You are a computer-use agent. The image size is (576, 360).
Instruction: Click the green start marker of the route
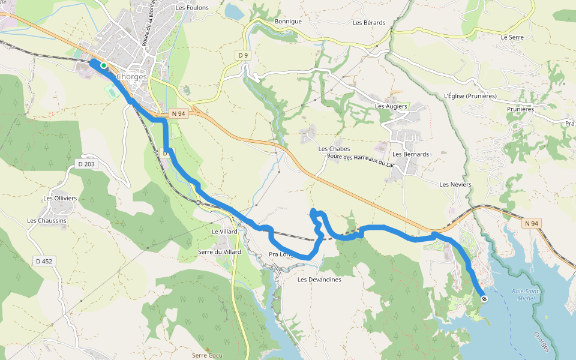(x=104, y=65)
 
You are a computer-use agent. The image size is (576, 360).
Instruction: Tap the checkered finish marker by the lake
(x=484, y=298)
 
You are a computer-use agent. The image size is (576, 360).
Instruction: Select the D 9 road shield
(x=242, y=56)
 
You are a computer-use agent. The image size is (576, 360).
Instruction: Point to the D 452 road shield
(x=44, y=261)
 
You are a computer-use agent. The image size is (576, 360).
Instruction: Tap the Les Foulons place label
(x=192, y=8)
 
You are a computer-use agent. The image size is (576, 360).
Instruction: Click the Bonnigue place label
(x=288, y=22)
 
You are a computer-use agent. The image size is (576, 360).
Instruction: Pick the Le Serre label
(x=512, y=37)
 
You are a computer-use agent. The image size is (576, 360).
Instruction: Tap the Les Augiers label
(x=391, y=106)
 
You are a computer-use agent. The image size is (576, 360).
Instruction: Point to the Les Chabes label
(x=334, y=149)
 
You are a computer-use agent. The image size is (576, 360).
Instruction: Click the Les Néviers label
(x=455, y=184)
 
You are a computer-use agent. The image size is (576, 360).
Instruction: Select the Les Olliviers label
(x=60, y=198)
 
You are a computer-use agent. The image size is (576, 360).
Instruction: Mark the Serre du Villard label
(x=220, y=252)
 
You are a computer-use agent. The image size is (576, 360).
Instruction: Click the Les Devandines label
(x=319, y=280)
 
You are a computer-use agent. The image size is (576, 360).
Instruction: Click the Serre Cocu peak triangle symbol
(x=208, y=349)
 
